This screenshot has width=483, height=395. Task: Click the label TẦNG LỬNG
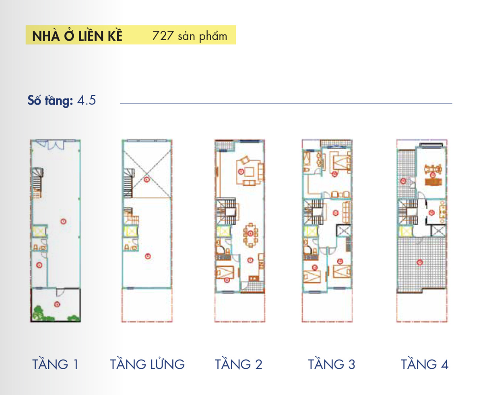(147, 364)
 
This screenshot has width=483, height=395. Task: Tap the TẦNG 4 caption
(424, 364)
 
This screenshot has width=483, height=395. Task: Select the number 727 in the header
(163, 35)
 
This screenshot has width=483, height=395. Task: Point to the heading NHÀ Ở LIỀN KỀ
(77, 35)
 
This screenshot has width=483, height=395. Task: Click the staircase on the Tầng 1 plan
(37, 183)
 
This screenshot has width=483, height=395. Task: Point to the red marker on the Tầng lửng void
(147, 180)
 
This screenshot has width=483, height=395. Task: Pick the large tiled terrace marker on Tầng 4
(419, 262)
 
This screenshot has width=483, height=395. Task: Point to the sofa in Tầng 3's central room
(346, 212)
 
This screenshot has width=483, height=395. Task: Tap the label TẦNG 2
(238, 364)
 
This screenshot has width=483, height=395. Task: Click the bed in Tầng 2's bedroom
(225, 272)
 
